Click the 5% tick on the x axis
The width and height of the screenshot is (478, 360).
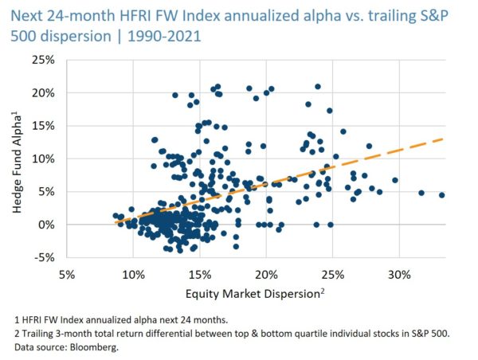click(x=67, y=274)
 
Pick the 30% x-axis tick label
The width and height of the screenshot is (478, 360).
click(x=399, y=274)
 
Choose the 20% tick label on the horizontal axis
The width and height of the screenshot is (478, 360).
click(x=266, y=274)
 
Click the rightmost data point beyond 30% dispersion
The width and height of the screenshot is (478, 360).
click(x=441, y=195)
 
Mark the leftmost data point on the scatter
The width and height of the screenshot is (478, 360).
click(x=116, y=215)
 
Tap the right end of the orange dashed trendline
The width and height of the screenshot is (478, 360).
click(x=441, y=139)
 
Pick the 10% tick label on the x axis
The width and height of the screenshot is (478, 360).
click(x=133, y=274)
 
